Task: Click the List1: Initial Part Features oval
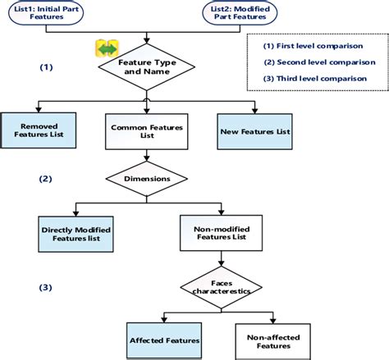pyautogui.click(x=46, y=13)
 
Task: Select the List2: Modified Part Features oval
pyautogui.click(x=240, y=13)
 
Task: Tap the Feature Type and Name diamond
pyautogui.click(x=147, y=67)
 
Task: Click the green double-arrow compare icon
pyautogui.click(x=107, y=48)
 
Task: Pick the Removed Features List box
pyautogui.click(x=39, y=130)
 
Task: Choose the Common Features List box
pyautogui.click(x=147, y=131)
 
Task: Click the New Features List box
pyautogui.click(x=254, y=131)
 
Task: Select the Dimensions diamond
pyautogui.click(x=147, y=179)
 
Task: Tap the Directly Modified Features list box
pyautogui.click(x=76, y=234)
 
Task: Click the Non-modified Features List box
pyautogui.click(x=221, y=233)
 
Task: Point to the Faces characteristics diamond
pyautogui.click(x=221, y=287)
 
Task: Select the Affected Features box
pyautogui.click(x=164, y=340)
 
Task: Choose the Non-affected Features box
pyautogui.click(x=273, y=342)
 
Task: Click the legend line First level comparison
pyautogui.click(x=313, y=46)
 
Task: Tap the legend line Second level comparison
pyautogui.click(x=319, y=62)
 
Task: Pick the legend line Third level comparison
pyautogui.click(x=315, y=79)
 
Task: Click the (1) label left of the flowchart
pyautogui.click(x=46, y=67)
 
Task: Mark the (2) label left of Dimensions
pyautogui.click(x=45, y=179)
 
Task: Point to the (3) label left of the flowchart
pyautogui.click(x=45, y=288)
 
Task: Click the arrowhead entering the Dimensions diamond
pyautogui.click(x=147, y=158)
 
